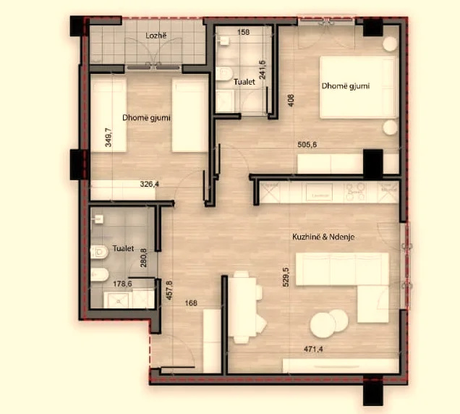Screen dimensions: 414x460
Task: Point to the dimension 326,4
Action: coord(150,185)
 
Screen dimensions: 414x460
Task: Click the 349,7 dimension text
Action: coord(108,138)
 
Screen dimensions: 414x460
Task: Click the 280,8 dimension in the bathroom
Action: coord(142,259)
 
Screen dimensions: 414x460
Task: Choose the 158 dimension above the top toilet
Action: coord(244,32)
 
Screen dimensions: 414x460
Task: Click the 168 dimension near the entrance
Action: coord(191,304)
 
